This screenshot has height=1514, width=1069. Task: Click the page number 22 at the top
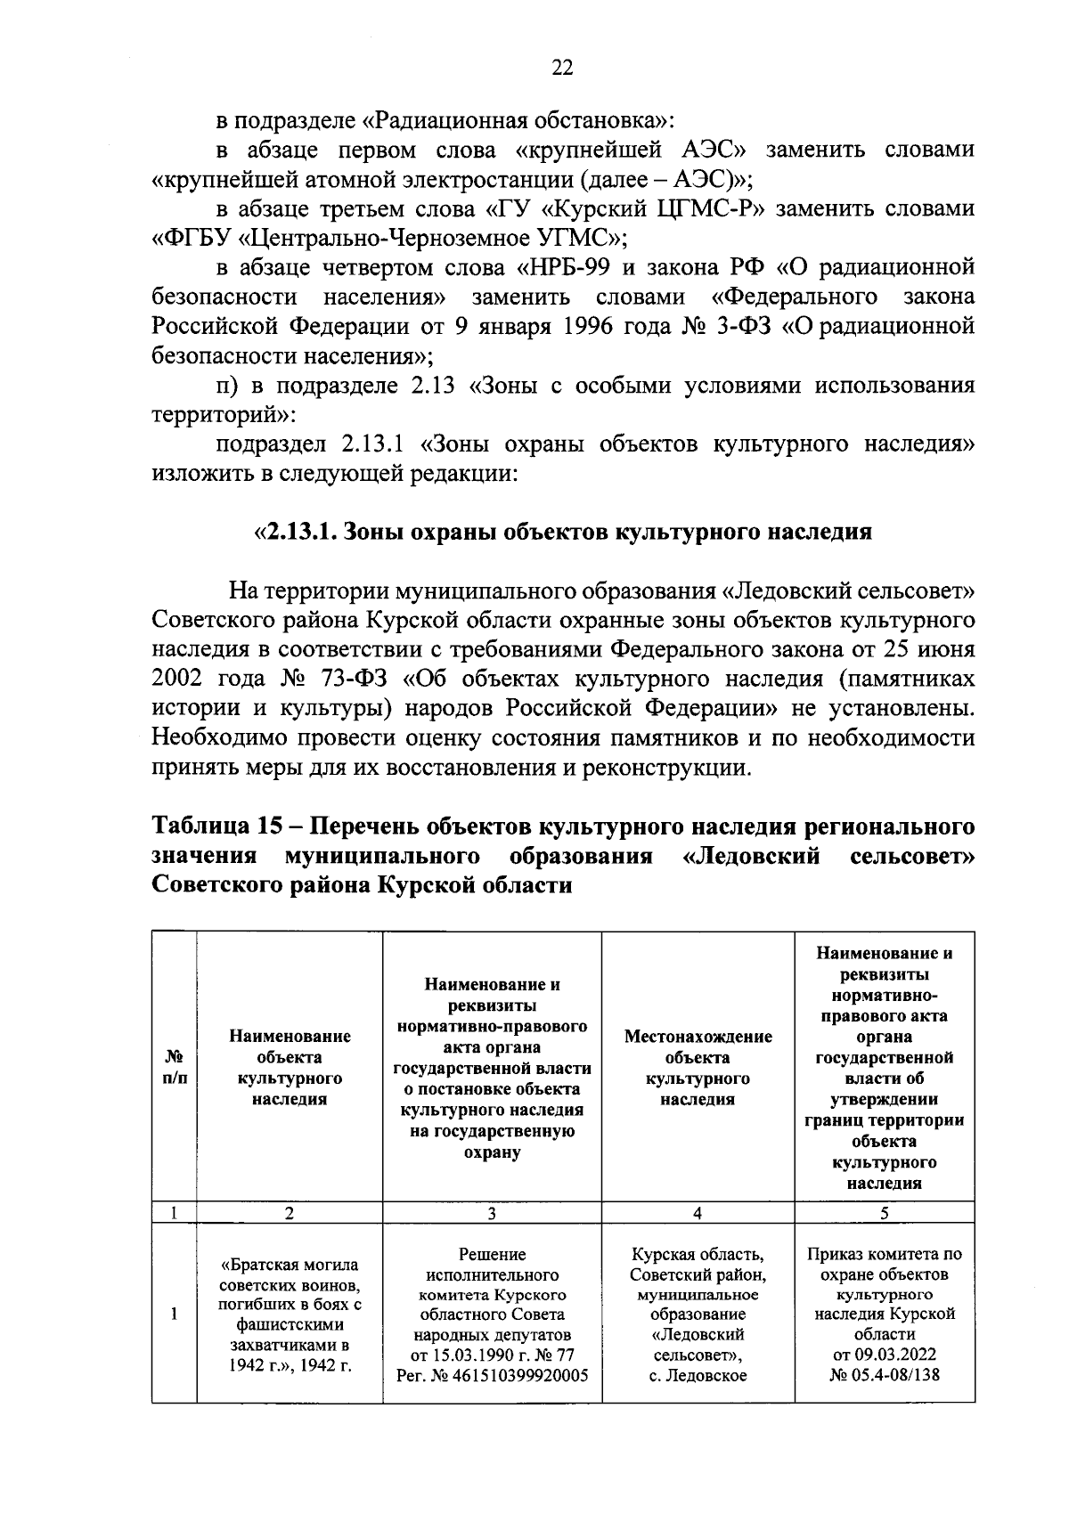[561, 69]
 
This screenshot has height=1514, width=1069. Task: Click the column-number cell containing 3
[492, 1213]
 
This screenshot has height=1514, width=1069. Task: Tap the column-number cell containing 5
[884, 1213]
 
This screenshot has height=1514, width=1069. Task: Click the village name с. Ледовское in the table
[698, 1375]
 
